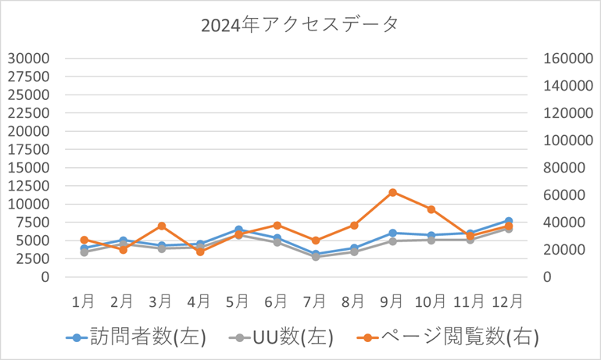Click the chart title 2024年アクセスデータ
click(300, 24)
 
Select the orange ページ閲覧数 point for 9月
click(392, 192)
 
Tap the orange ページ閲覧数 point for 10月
click(431, 209)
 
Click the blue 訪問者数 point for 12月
click(509, 221)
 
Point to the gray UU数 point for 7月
click(316, 256)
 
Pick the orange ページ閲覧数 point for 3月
click(161, 226)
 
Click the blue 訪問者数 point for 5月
click(238, 230)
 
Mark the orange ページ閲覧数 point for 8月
click(354, 225)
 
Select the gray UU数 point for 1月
click(84, 252)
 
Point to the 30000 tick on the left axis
click(29, 58)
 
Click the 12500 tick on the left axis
click(29, 186)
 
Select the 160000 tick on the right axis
click(566, 58)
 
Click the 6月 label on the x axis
click(276, 300)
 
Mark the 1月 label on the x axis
click(84, 300)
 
